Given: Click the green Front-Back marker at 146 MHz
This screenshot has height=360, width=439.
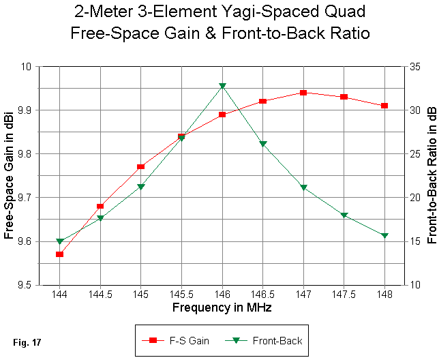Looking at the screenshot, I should (x=222, y=86).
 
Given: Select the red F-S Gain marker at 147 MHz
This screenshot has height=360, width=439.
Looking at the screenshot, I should (x=303, y=93).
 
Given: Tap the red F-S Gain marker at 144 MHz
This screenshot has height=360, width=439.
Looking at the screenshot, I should (x=60, y=254).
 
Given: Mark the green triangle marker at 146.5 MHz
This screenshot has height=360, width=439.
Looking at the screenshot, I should (x=263, y=144).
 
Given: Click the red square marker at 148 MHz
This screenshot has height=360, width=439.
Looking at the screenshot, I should (x=384, y=106).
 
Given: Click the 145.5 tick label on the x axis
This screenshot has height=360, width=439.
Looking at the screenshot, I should (x=181, y=294).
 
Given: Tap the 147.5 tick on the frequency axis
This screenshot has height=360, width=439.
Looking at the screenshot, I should (x=344, y=294).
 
